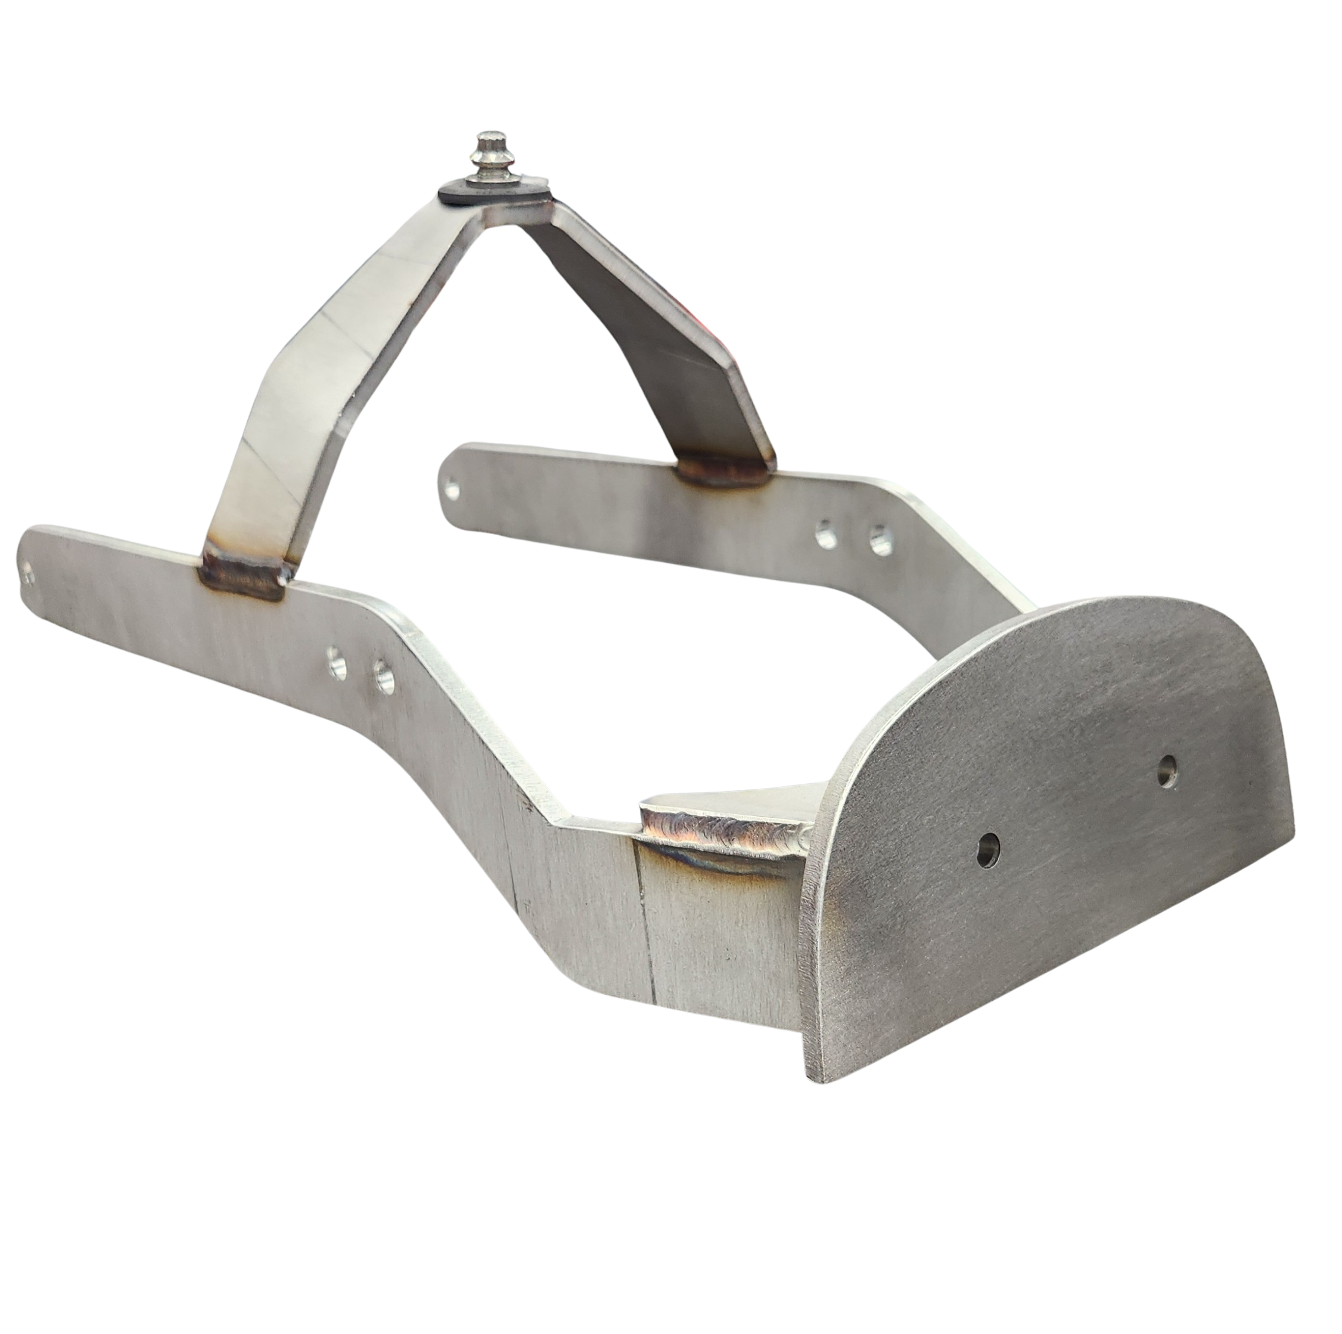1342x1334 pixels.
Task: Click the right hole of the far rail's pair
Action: (x=880, y=538)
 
